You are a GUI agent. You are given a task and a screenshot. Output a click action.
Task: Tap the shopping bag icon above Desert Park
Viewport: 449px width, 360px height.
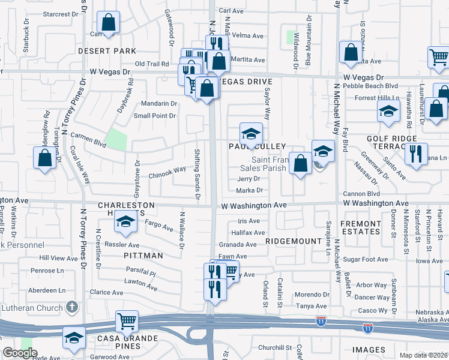tap(107, 23)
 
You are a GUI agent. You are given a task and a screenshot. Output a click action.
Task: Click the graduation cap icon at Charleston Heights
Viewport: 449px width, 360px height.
tap(125, 223)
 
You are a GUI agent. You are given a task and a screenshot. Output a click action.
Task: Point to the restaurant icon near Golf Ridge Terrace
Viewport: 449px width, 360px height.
tap(415, 154)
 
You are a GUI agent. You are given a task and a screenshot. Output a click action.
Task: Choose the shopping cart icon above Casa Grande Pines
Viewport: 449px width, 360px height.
tap(127, 322)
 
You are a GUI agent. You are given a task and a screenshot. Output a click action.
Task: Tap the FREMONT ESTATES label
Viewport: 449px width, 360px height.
tap(361, 227)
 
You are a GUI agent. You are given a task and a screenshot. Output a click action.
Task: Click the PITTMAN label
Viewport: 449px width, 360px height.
tap(144, 256)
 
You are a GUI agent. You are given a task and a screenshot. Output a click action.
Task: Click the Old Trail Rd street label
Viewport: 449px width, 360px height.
tap(152, 64)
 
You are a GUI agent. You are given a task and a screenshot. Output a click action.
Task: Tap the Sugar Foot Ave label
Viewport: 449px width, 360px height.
tap(366, 259)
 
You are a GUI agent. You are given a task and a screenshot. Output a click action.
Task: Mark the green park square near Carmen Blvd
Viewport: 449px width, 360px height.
tap(116, 139)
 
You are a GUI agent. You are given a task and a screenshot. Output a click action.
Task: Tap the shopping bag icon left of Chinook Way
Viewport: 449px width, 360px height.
tap(45, 159)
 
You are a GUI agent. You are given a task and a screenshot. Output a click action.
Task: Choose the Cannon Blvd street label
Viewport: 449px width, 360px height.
tap(361, 194)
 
